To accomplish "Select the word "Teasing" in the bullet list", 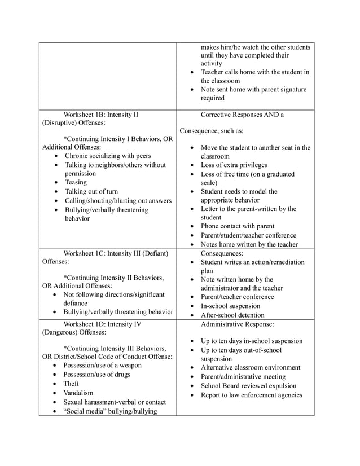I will (x=76, y=182).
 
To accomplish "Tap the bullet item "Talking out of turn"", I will (x=91, y=191).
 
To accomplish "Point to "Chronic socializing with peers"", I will (x=108, y=156).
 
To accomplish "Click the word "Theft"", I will (x=71, y=384).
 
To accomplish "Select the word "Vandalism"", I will (x=78, y=393).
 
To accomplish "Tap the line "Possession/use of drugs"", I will (x=96, y=375).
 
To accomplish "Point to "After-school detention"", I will (x=237, y=315).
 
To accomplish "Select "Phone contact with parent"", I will (x=238, y=226).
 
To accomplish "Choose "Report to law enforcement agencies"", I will (x=251, y=395).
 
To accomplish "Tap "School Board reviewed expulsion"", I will (x=248, y=386).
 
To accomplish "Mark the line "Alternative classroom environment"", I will (x=251, y=368).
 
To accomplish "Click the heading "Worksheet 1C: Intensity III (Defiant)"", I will (x=116, y=253).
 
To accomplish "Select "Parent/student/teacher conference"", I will (x=248, y=235).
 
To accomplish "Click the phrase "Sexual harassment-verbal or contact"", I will (x=115, y=402).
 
